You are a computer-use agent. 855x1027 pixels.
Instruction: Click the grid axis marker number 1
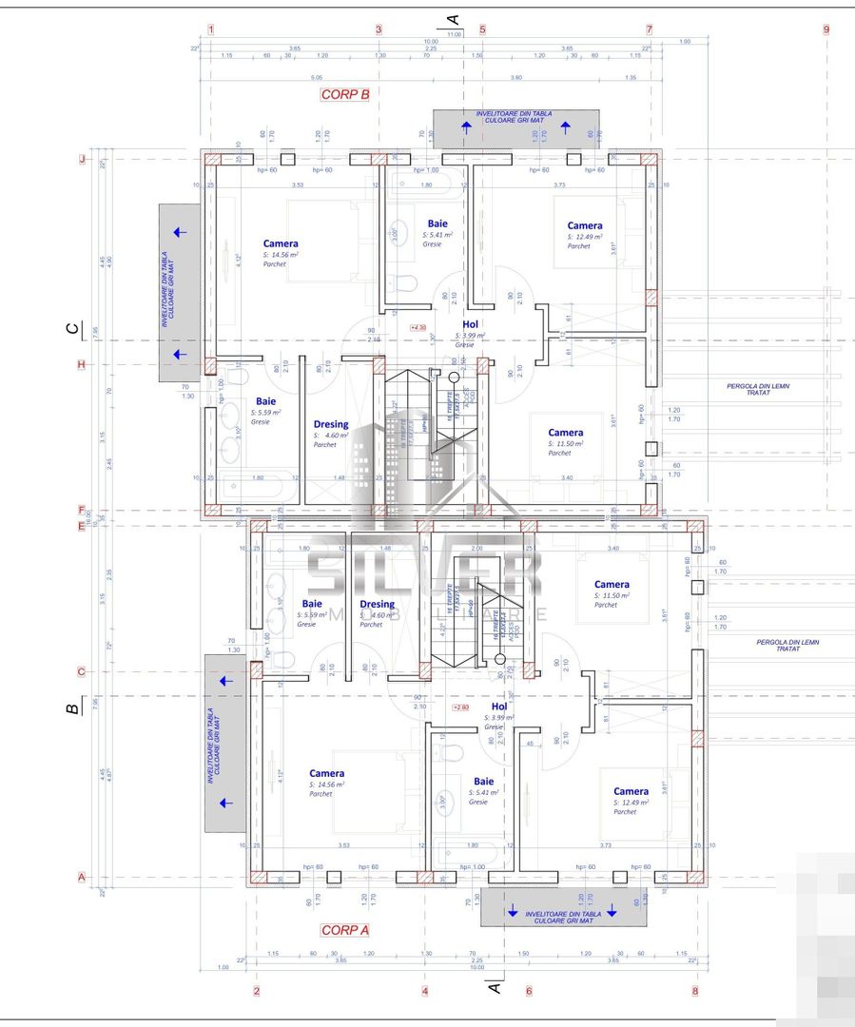(211, 29)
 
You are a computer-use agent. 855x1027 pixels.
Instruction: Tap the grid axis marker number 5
(482, 29)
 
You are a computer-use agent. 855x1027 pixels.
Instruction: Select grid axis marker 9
(826, 29)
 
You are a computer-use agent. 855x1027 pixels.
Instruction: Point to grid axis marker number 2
(257, 991)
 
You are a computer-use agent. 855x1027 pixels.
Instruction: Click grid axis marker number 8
(695, 991)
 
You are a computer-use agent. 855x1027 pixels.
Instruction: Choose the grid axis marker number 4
(424, 991)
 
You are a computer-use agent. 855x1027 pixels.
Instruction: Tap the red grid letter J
(82, 161)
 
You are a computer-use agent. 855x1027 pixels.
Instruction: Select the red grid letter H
(82, 364)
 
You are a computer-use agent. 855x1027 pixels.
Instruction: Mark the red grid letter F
(82, 510)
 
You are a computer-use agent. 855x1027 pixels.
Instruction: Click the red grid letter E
(82, 525)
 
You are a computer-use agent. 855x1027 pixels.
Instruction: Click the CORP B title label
(344, 95)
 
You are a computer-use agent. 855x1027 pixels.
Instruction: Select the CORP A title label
(345, 930)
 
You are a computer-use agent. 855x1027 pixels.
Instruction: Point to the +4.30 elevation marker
(418, 327)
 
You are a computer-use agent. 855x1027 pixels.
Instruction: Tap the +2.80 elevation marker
(461, 707)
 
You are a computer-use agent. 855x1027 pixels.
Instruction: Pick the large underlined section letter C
(72, 329)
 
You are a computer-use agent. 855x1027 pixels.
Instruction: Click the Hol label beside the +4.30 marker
(469, 324)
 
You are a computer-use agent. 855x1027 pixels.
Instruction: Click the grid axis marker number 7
(649, 29)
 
